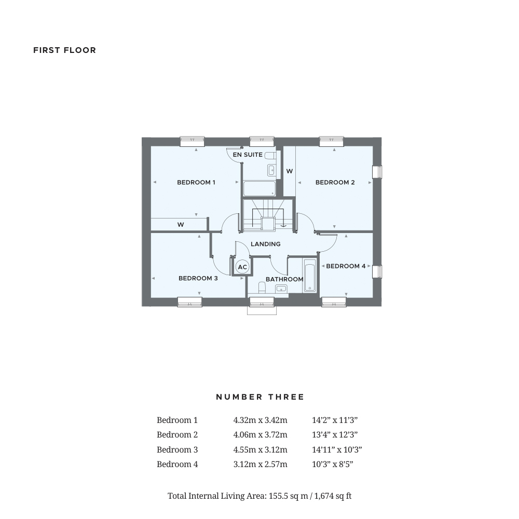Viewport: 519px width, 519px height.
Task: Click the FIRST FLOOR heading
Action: pos(64,50)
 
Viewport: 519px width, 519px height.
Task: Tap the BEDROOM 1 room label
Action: pos(196,182)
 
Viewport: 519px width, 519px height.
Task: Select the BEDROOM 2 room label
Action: pos(335,182)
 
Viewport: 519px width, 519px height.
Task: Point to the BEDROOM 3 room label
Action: pos(198,278)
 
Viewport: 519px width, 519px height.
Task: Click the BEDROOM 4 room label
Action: pos(346,266)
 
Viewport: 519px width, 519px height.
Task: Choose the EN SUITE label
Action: pos(248,155)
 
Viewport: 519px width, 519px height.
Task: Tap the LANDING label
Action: pos(265,244)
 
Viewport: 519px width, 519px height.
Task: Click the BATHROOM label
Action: pos(284,279)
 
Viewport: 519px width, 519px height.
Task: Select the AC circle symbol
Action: pos(242,267)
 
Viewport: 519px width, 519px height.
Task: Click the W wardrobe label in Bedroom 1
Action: pos(181,225)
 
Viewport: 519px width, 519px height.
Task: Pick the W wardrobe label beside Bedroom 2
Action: pos(289,171)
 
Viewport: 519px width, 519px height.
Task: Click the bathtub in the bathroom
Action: pos(310,275)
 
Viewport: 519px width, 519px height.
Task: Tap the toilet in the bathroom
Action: pos(261,288)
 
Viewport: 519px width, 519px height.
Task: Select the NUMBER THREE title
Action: pos(260,397)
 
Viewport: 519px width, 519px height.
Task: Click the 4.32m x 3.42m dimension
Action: pos(260,420)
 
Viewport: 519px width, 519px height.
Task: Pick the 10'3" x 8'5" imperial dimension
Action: pos(332,464)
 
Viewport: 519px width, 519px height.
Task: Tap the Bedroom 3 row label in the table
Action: pos(177,449)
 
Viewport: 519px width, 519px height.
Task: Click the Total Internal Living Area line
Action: pos(259,496)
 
